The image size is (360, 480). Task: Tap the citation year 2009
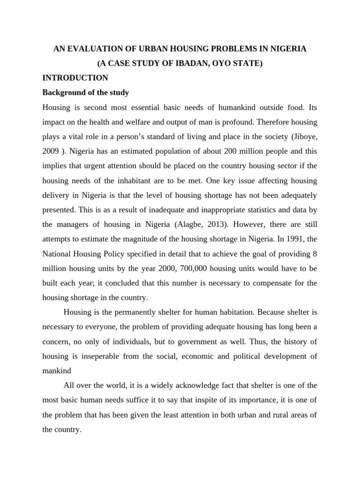pyautogui.click(x=51, y=151)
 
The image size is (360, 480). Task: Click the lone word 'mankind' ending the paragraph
pyautogui.click(x=57, y=371)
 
